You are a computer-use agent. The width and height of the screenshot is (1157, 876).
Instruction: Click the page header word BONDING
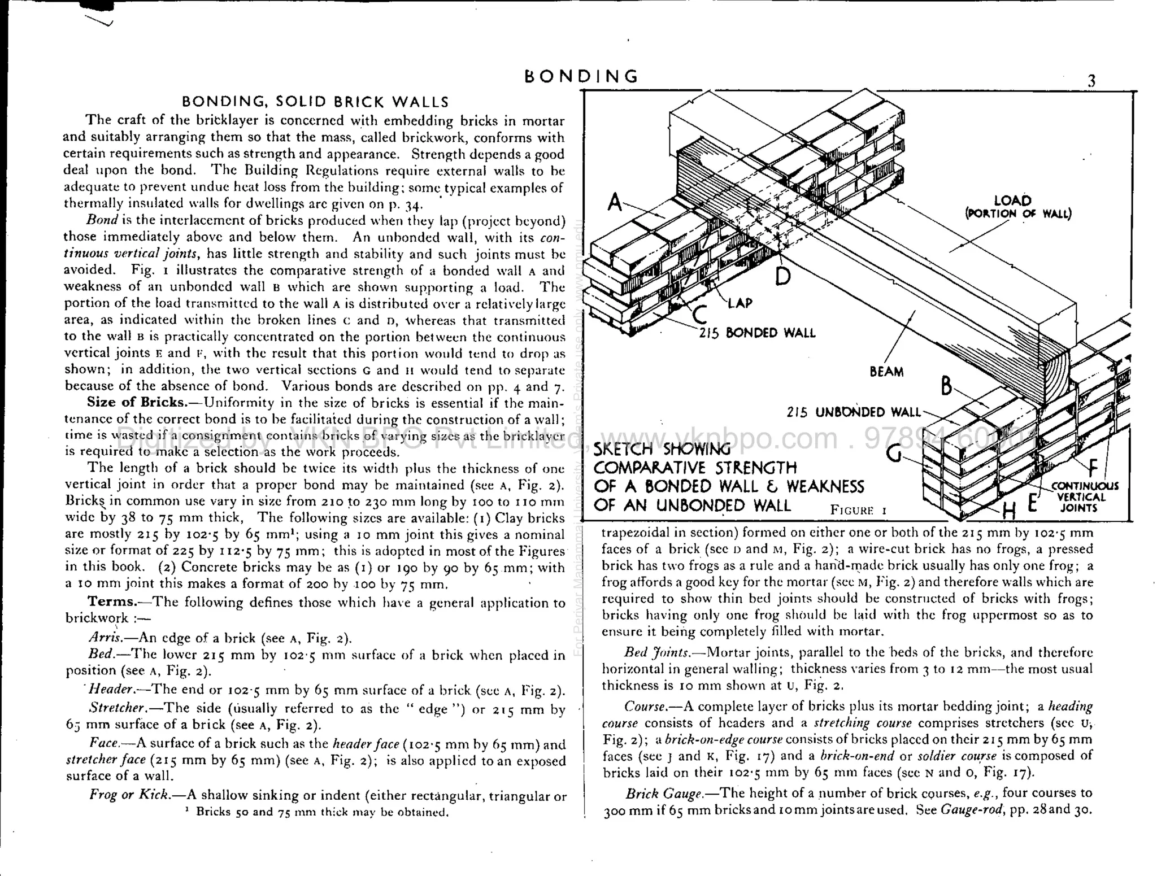coord(581,76)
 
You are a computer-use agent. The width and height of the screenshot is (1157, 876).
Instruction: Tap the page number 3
coord(1091,81)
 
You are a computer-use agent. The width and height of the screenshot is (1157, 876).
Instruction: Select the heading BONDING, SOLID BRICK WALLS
coord(315,102)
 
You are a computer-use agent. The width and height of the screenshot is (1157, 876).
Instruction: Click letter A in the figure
coord(615,202)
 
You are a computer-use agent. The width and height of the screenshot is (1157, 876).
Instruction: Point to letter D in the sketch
coord(782,276)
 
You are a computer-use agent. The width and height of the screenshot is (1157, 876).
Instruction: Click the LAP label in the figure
coord(740,303)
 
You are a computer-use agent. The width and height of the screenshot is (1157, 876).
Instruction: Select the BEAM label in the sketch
coord(886,372)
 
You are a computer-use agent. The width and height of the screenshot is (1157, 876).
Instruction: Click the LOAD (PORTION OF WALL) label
coord(1017,207)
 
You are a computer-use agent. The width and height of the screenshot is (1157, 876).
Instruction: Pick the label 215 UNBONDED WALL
coord(853,412)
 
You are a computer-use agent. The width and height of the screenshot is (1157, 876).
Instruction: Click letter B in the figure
coord(947,386)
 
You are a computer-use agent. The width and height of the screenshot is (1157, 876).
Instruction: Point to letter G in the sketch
coord(893,453)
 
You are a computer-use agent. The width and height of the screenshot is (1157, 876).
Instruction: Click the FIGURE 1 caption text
coord(858,510)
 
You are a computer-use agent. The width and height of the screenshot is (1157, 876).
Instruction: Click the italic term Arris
coord(105,638)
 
